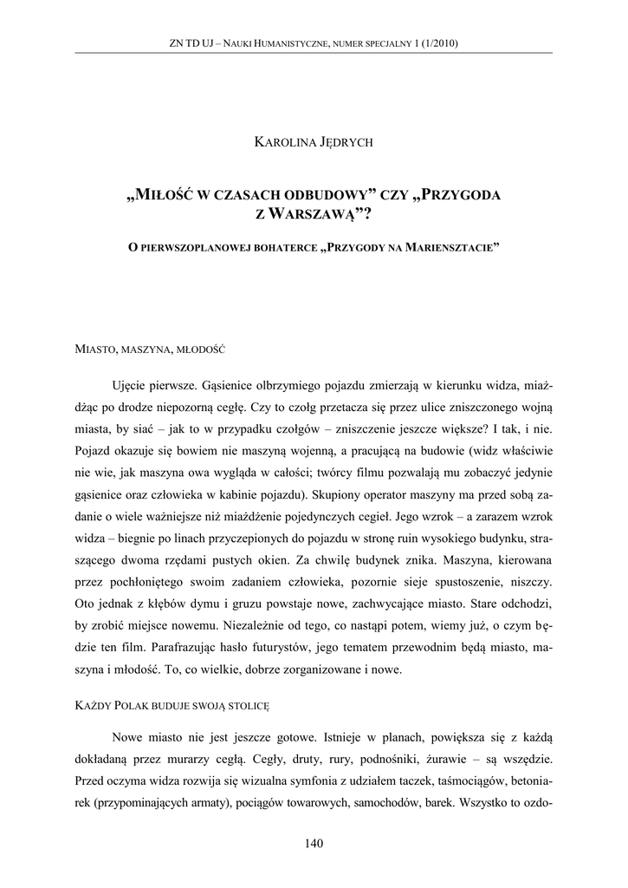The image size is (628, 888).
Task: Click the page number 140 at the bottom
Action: (x=314, y=843)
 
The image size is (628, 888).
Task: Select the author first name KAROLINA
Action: (x=282, y=143)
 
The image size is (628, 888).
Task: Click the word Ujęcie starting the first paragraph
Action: (x=133, y=384)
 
